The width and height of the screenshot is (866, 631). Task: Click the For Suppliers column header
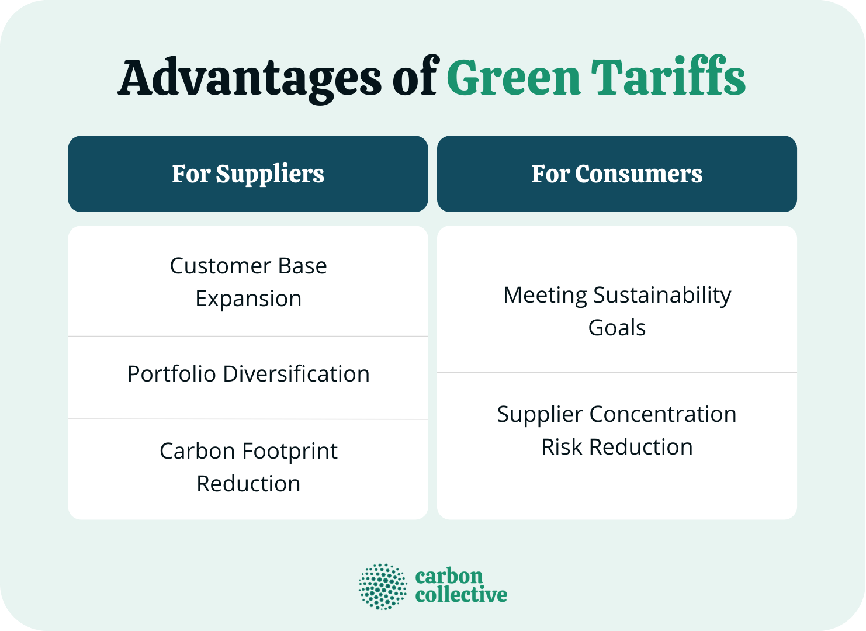tap(248, 174)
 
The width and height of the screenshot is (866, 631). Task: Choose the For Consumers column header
tap(616, 174)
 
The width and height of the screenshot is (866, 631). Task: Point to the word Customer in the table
tap(221, 266)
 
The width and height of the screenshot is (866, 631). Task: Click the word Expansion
tap(248, 299)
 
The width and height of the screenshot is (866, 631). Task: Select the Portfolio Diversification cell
tap(248, 374)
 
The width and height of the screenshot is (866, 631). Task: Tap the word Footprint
tap(289, 451)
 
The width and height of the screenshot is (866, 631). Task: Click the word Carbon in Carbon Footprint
tap(198, 451)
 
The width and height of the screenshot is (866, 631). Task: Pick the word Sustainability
tap(662, 295)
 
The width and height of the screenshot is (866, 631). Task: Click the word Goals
tap(616, 328)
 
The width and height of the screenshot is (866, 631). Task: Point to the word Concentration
tap(662, 414)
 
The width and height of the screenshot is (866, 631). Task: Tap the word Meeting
tap(545, 295)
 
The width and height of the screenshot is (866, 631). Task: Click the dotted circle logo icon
tap(383, 586)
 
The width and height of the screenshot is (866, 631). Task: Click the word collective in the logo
tap(460, 595)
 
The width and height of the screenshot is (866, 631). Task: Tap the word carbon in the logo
tap(449, 576)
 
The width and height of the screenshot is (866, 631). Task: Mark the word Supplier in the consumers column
tap(540, 414)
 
